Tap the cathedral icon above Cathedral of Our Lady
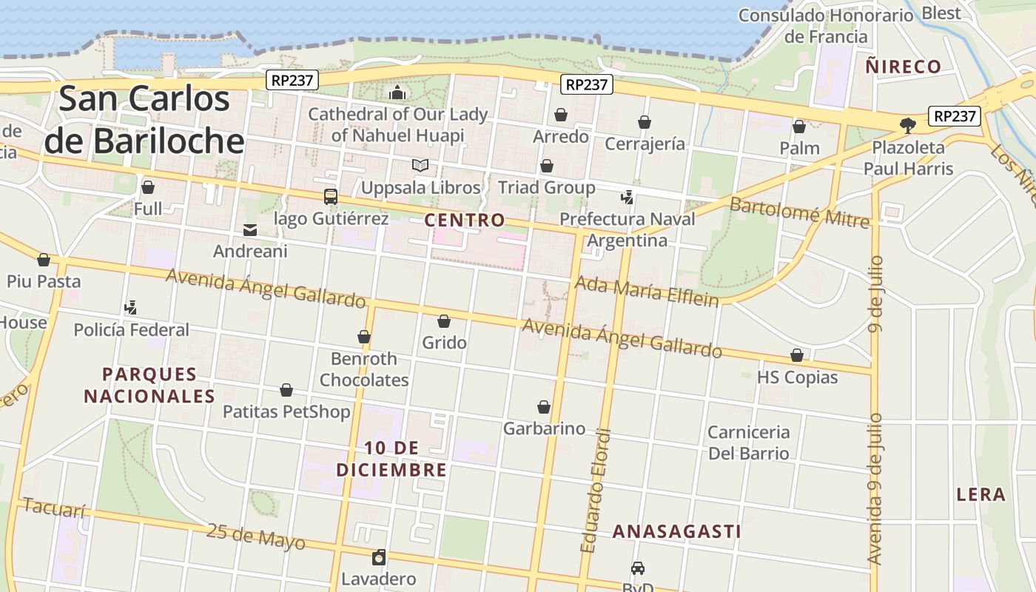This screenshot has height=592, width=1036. point(398,92)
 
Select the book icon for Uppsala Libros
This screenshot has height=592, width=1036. point(420,165)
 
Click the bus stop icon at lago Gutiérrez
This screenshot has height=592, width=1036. point(331,197)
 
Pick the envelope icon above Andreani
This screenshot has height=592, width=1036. point(250,230)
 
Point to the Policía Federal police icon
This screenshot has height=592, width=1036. point(131,307)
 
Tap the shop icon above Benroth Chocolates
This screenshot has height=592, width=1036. point(364,337)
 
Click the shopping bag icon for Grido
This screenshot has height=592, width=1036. point(444,321)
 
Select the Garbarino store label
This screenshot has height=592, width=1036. point(544,428)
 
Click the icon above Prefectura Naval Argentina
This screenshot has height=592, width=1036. point(628,197)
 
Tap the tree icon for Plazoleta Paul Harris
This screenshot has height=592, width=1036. point(908,125)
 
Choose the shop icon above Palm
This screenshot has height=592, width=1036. point(799,127)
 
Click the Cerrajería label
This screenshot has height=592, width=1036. point(645,144)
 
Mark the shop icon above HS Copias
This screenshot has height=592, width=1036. point(797,355)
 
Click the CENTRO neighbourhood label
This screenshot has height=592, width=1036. point(465,220)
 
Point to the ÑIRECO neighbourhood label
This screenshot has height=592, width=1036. point(904,67)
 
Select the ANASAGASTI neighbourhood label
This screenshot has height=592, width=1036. point(677,531)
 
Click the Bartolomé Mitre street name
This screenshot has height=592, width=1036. point(799,212)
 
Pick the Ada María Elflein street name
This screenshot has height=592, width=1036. point(647,291)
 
